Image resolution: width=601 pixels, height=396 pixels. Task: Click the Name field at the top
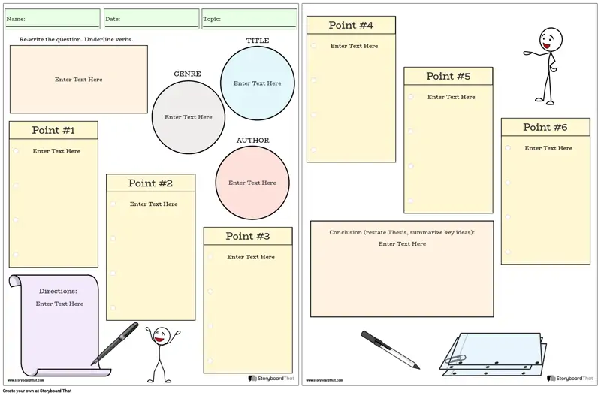click(53, 19)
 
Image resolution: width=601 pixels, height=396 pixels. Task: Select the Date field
click(152, 19)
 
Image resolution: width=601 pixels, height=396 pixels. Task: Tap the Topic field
click(249, 19)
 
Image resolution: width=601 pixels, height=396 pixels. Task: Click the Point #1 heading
click(53, 130)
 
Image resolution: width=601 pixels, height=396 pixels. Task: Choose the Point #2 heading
click(150, 183)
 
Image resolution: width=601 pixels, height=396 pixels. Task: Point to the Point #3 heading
click(248, 236)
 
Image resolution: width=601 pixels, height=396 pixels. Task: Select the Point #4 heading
click(351, 26)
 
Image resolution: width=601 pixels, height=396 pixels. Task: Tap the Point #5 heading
click(448, 77)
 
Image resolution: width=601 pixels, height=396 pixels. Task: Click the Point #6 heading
click(545, 127)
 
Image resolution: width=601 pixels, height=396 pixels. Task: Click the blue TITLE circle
click(258, 83)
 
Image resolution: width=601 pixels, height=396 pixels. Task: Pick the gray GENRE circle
click(189, 117)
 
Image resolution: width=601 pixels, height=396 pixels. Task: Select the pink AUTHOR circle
click(252, 183)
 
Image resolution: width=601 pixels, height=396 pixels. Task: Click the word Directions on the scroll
click(58, 291)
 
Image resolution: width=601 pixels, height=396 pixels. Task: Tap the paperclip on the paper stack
click(455, 360)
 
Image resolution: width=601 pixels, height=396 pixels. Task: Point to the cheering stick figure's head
click(162, 336)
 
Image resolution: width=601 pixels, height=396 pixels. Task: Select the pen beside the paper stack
click(390, 349)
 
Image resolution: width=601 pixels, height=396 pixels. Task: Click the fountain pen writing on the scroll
click(115, 343)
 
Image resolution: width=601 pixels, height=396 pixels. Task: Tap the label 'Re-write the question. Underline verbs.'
click(77, 39)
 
